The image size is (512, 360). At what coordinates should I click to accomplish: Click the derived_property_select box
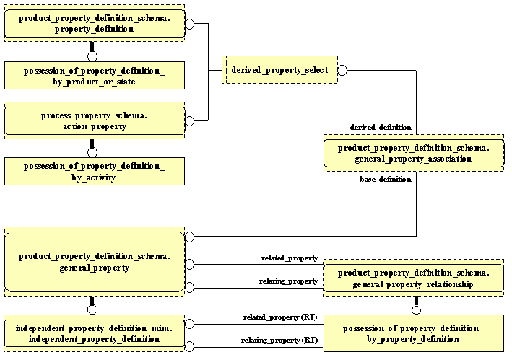point(279,70)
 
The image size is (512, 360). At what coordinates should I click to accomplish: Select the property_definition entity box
point(95,24)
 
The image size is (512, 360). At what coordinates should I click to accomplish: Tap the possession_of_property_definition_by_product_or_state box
point(95,75)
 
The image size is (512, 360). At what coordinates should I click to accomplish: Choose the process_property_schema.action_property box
point(95,120)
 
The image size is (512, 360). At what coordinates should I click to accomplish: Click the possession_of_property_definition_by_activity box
point(95,172)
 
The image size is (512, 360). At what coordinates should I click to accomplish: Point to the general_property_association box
point(414,154)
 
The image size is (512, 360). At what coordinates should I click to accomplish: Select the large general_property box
point(95,262)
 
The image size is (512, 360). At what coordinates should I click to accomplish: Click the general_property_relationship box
point(414,279)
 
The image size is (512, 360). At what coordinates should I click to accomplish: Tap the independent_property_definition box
point(95,333)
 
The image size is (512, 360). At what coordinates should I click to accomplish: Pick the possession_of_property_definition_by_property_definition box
point(414,333)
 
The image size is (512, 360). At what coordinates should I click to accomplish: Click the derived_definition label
point(381,127)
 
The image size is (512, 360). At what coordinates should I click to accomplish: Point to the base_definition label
point(385,179)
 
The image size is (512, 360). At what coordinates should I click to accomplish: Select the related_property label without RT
point(290,258)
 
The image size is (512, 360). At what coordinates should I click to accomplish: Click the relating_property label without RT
point(289,281)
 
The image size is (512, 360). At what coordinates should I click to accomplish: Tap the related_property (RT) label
point(280,317)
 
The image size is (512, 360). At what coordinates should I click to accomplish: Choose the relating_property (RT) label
point(279,339)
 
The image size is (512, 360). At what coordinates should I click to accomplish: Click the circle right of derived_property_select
point(343,70)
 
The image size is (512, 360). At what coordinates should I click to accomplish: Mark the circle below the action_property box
point(92,152)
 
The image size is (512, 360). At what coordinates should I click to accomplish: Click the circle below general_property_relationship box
point(416,310)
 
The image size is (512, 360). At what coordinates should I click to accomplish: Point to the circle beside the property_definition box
point(190,24)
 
